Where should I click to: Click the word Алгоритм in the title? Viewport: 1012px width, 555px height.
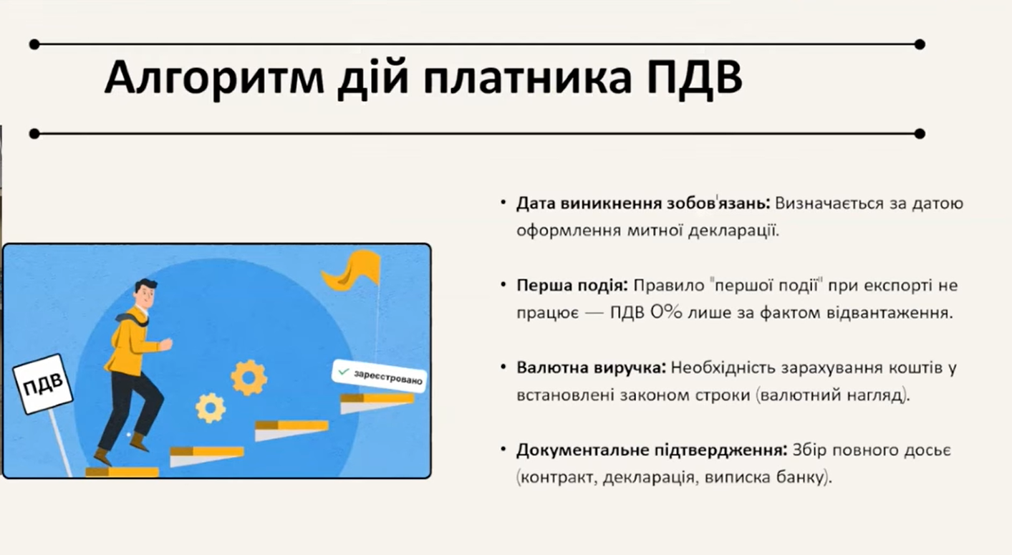(214, 77)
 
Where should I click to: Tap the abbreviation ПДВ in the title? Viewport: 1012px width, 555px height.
(695, 77)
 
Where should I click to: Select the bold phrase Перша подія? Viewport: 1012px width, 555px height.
(572, 286)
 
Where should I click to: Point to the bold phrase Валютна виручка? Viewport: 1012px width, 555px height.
(592, 367)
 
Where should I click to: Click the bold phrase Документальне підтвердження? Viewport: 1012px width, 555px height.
(652, 450)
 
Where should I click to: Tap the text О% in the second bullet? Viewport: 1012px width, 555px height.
(666, 312)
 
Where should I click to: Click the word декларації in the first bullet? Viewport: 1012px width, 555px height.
(733, 231)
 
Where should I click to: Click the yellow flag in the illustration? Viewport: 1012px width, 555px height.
(352, 271)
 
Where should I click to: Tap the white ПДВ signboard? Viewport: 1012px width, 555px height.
(42, 385)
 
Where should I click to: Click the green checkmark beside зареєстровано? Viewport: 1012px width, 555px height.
(344, 372)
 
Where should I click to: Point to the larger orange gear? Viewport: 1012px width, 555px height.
(249, 377)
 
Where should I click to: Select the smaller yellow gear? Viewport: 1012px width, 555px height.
(211, 407)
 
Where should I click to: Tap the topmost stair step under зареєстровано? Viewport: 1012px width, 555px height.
(377, 403)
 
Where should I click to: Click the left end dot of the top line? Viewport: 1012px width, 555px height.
(34, 44)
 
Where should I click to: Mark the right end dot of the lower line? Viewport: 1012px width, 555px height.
(920, 134)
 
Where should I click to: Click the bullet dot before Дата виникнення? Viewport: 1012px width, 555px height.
(503, 203)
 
